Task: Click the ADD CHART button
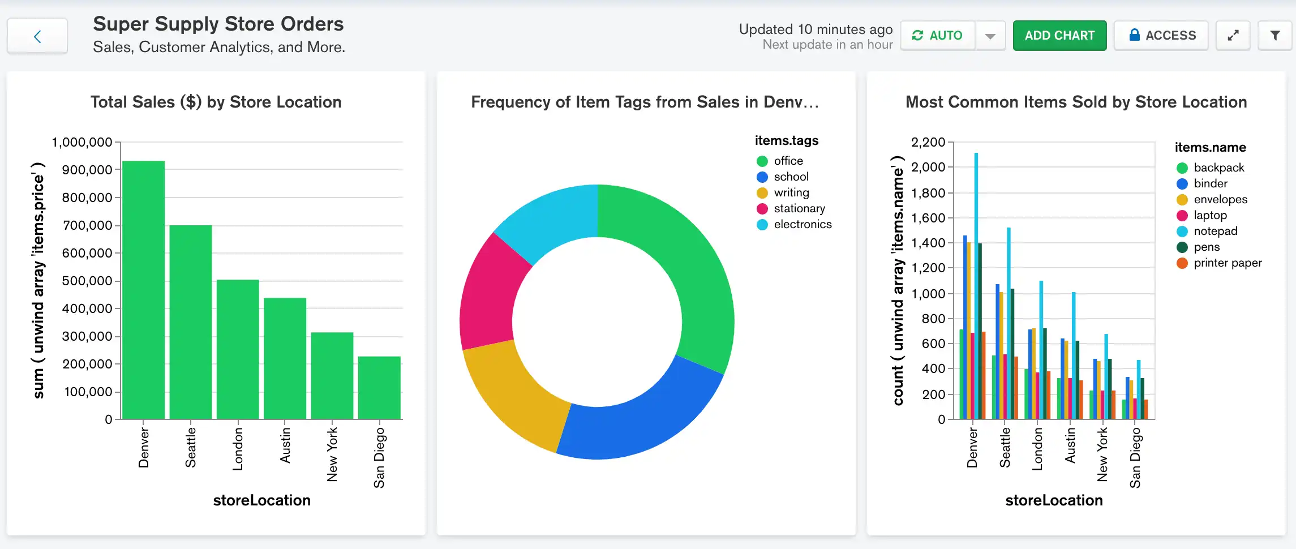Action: pos(1059,36)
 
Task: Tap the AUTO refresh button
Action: pos(938,36)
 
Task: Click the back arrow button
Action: pos(37,37)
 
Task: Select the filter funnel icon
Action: pos(1275,36)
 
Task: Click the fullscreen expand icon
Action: pos(1233,36)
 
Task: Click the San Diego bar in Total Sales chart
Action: pos(379,388)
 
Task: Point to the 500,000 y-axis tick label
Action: pos(87,281)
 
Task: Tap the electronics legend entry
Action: pos(802,225)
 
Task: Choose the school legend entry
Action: pos(791,177)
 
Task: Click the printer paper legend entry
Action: pos(1227,263)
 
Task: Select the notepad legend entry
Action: pos(1215,231)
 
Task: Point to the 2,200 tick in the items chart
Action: pos(928,142)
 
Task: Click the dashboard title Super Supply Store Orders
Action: pos(218,24)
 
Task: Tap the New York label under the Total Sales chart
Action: pos(332,454)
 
